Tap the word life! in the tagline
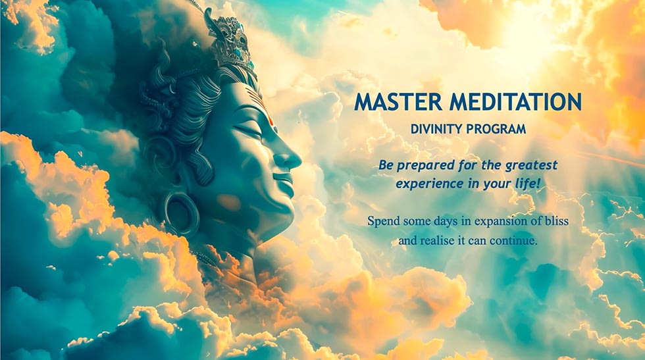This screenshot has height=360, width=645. click(527, 184)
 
